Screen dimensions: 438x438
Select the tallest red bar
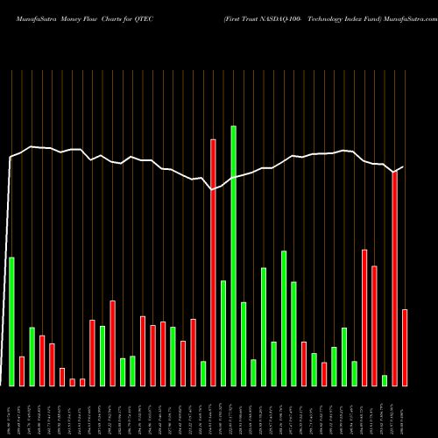(213, 262)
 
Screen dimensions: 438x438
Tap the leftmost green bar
(11, 321)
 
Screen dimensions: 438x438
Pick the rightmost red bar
(405, 348)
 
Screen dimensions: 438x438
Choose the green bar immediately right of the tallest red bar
(223, 333)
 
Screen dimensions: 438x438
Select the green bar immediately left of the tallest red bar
(203, 373)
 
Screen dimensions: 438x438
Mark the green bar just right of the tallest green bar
(244, 343)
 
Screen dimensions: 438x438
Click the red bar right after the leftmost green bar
(22, 371)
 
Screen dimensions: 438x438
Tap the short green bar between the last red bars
(385, 380)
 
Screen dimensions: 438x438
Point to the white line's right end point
(403, 166)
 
